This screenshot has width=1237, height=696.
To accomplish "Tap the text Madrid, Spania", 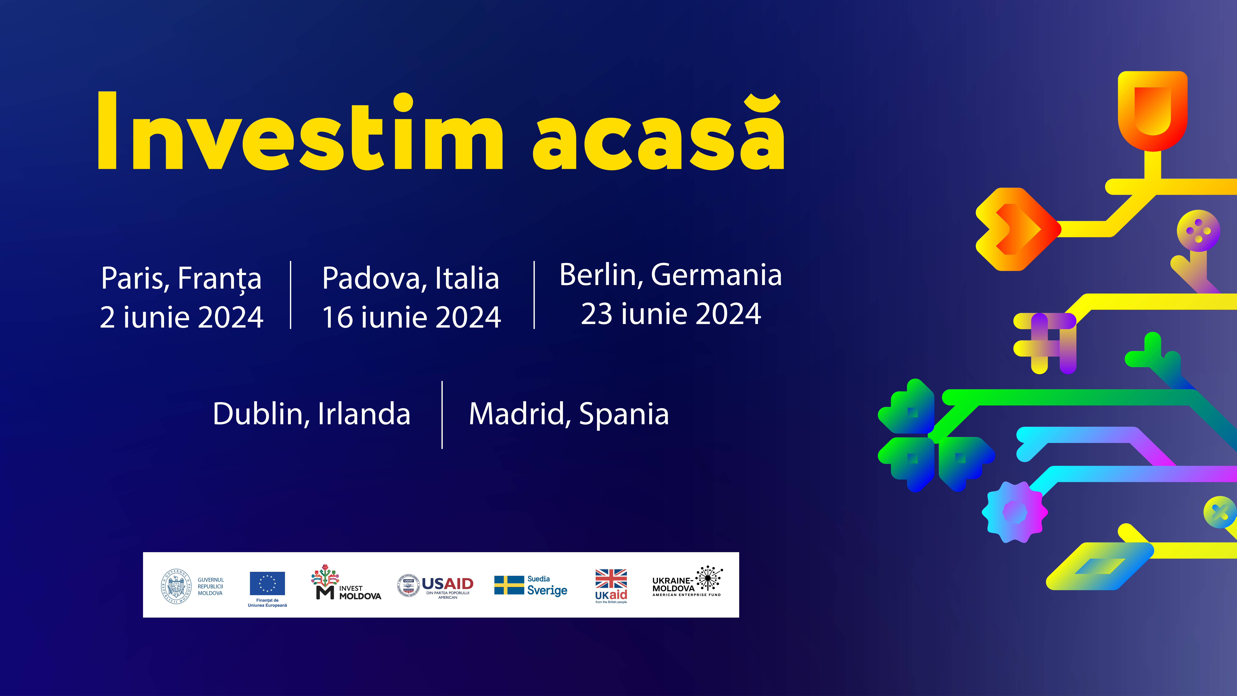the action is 569,414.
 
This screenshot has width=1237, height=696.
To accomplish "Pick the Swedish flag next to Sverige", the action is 509,585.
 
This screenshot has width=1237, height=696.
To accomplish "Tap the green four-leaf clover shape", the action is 935,435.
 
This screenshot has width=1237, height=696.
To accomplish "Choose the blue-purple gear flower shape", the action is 1015,512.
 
